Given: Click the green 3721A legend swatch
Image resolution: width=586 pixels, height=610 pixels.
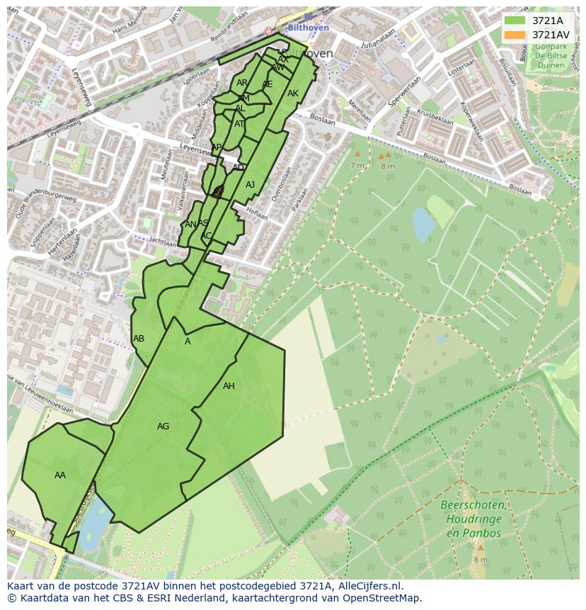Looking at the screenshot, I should [515, 21].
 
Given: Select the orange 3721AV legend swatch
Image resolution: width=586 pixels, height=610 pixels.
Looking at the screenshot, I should [515, 35].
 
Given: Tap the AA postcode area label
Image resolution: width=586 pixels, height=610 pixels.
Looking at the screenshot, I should [60, 475].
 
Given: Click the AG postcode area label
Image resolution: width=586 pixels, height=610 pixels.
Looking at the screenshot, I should [163, 427].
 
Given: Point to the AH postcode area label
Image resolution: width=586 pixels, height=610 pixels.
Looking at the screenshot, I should [229, 386].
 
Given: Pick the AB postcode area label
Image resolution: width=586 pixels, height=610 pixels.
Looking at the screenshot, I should [139, 339].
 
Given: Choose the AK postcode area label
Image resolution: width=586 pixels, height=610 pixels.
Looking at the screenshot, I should [293, 94].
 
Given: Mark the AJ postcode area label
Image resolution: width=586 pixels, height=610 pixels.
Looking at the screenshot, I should [250, 185].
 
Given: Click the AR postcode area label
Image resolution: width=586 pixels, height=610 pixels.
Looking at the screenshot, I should [242, 83].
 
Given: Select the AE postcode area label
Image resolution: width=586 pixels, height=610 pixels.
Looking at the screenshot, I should [267, 84].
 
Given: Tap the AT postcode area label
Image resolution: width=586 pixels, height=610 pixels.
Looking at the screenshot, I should [239, 124].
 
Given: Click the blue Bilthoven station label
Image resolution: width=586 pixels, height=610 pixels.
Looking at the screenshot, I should [309, 28].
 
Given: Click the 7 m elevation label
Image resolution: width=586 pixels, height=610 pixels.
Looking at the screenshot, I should [357, 165].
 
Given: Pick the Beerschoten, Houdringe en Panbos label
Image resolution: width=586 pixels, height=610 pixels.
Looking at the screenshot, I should [473, 519].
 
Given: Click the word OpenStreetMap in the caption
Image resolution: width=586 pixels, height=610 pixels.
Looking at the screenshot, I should [384, 597].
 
